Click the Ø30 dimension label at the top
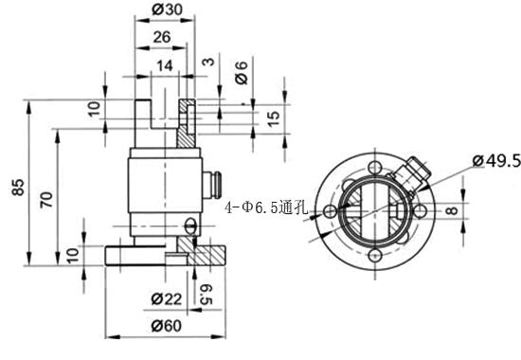[167, 10]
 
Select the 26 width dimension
[161, 37]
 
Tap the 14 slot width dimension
[166, 64]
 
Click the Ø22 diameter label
[167, 299]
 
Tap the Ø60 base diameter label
[167, 327]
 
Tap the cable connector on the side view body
[214, 181]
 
